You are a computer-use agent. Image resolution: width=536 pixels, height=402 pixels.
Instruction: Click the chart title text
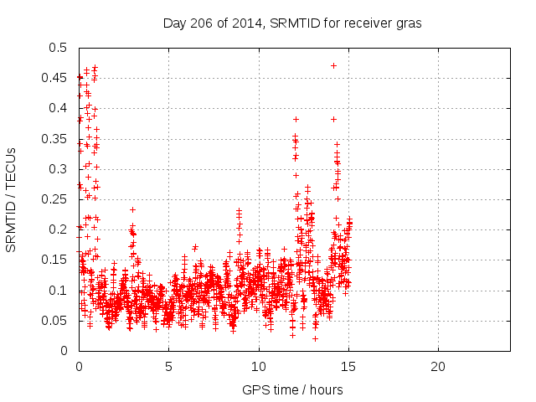(x=291, y=23)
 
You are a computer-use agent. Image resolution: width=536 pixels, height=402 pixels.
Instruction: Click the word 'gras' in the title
(x=407, y=23)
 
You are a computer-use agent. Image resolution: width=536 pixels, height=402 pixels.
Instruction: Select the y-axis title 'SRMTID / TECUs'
(x=11, y=199)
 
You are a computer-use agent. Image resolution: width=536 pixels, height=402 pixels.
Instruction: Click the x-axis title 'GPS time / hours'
(x=291, y=389)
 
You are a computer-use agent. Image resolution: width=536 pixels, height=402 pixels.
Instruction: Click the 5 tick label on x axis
(x=168, y=366)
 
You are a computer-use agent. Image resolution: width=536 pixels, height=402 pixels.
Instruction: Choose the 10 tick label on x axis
(x=259, y=366)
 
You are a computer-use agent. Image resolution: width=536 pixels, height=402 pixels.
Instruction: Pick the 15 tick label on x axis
(x=348, y=366)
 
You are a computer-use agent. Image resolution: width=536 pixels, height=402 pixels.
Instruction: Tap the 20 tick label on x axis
(x=438, y=366)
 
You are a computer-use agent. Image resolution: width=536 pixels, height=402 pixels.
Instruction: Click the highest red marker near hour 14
(x=333, y=65)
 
